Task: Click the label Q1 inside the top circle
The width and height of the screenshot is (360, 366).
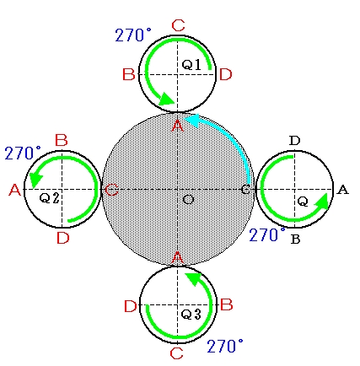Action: point(191,65)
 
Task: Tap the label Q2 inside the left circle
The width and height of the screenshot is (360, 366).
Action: point(50,198)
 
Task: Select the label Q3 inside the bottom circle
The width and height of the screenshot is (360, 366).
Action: point(191,314)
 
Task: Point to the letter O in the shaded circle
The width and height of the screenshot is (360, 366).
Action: point(188,200)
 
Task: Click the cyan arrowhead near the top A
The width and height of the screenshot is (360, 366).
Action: point(192,120)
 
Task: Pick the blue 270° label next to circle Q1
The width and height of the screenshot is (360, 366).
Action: point(133,35)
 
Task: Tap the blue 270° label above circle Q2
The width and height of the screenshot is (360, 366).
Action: point(23,153)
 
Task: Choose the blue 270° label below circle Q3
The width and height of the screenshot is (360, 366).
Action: point(225,346)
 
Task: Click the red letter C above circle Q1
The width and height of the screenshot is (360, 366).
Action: point(178,25)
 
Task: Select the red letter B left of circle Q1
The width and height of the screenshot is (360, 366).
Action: point(129,75)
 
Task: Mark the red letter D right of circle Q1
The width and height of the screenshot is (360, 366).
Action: point(226,75)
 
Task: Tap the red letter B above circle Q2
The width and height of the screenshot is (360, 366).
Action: point(62,140)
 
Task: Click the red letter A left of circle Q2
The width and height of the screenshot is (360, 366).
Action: point(15,190)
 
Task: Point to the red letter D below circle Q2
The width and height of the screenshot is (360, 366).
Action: point(63,239)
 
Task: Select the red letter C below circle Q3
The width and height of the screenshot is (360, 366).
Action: point(177,353)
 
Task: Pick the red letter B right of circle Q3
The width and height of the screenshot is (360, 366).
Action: point(227,304)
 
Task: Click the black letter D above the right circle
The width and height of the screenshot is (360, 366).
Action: point(294,141)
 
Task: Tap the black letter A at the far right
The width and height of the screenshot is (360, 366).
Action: point(342,191)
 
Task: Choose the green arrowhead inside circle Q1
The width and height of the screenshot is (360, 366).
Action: point(168,99)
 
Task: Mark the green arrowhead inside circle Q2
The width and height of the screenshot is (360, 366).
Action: point(35,180)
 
